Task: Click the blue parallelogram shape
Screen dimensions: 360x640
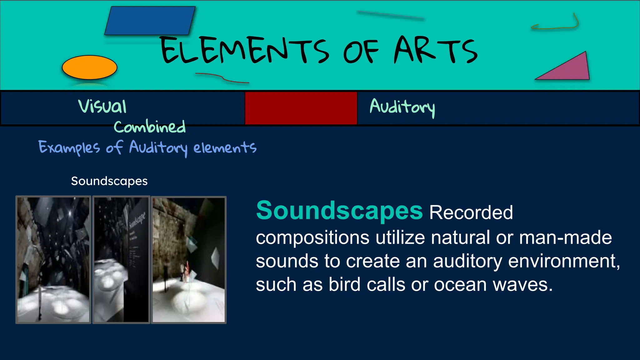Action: coord(150,21)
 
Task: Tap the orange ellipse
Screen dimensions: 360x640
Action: coord(90,67)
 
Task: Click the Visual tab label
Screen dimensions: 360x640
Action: coord(102,106)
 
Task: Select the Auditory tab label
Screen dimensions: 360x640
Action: coord(402,107)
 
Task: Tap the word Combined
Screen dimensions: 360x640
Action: coord(150,127)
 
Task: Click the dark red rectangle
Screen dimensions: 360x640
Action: coord(301,108)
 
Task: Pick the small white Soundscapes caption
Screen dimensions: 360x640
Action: coord(109,181)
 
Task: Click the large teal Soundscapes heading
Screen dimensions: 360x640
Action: coord(339,211)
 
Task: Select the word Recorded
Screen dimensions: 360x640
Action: coord(471,212)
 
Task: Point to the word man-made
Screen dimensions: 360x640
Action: coord(565,237)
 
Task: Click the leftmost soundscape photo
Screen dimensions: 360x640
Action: coord(53,260)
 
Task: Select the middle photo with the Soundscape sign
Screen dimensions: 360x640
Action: coord(121,260)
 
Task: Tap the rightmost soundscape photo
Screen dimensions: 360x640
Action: coord(189,260)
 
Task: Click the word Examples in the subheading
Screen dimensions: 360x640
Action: coord(69,147)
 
